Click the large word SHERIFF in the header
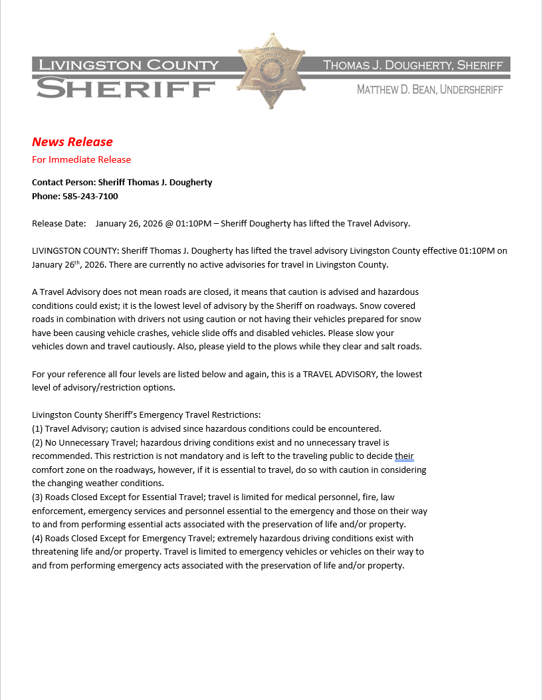tap(126, 88)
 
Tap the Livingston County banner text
tap(128, 64)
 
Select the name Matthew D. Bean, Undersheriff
tap(429, 89)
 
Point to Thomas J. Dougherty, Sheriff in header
tap(413, 65)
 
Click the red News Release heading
tap(72, 141)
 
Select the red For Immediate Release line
tap(81, 159)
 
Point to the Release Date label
tap(59, 223)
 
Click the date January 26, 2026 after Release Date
tap(130, 223)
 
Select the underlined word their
tap(404, 456)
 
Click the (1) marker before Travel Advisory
tap(37, 428)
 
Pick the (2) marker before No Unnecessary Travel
tap(37, 442)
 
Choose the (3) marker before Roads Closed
tap(37, 497)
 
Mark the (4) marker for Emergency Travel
tap(37, 538)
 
